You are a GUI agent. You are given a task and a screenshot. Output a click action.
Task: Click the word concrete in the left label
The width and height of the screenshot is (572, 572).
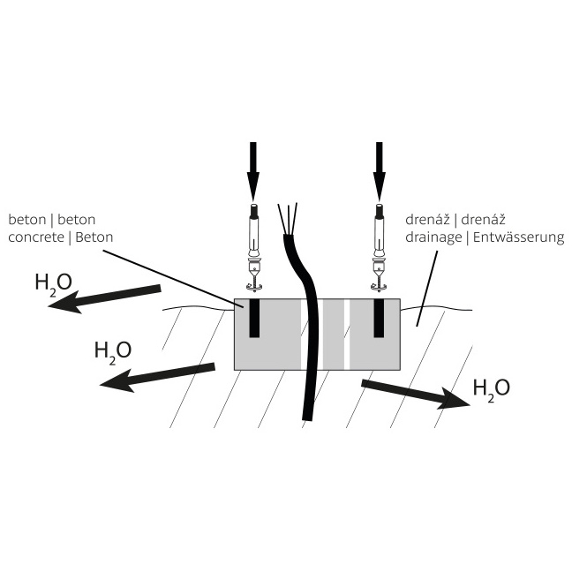pyautogui.click(x=36, y=237)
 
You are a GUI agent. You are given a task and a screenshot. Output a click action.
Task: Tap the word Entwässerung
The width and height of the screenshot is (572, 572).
pyautogui.click(x=518, y=237)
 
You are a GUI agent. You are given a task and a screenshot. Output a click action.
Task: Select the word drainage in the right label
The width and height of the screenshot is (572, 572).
pyautogui.click(x=433, y=237)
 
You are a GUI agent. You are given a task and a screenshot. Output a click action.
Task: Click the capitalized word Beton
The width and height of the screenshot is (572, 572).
pyautogui.click(x=94, y=237)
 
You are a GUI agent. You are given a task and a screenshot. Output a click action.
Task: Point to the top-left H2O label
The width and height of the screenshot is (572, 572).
pyautogui.click(x=53, y=282)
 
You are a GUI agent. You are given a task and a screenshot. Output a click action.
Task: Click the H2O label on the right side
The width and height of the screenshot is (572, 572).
pyautogui.click(x=491, y=388)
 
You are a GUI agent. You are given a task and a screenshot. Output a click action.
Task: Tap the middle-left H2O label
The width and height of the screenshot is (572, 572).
pyautogui.click(x=113, y=350)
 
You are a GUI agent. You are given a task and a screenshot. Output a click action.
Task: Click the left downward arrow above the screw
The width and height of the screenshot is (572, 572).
pyautogui.click(x=253, y=170)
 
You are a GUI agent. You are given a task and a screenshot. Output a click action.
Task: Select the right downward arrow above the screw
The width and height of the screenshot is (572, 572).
pyautogui.click(x=380, y=170)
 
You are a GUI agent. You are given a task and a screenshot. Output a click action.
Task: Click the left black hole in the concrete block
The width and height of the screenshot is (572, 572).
pyautogui.click(x=254, y=318)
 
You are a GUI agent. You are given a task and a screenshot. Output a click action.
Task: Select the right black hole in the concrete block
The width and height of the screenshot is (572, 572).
pyautogui.click(x=379, y=318)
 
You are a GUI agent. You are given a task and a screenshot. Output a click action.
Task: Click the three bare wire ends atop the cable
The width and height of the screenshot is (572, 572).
pyautogui.click(x=288, y=218)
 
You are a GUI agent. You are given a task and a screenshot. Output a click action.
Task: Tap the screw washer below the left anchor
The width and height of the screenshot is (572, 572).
pyautogui.click(x=254, y=289)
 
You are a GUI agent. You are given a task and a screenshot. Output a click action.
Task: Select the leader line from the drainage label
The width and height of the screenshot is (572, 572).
pyautogui.click(x=427, y=288)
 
